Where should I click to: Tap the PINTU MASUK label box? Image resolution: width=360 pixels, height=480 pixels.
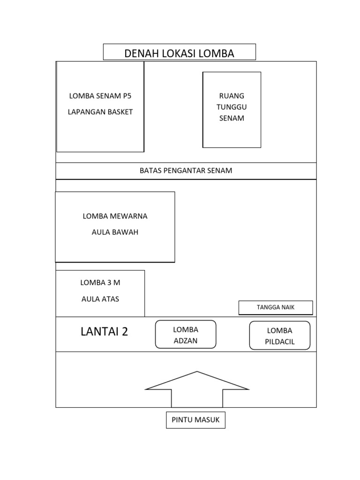pyautogui.click(x=195, y=420)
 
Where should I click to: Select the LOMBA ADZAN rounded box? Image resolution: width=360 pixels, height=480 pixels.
pyautogui.click(x=186, y=335)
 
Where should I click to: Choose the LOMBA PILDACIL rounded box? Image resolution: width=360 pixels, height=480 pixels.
pyautogui.click(x=279, y=336)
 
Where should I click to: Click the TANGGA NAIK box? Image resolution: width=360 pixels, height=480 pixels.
pyautogui.click(x=276, y=307)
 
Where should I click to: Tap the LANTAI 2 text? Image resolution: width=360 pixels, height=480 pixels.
pyautogui.click(x=104, y=332)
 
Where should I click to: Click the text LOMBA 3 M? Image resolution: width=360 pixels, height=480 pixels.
pyautogui.click(x=100, y=283)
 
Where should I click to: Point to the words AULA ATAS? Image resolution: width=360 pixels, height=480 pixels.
pyautogui.click(x=100, y=299)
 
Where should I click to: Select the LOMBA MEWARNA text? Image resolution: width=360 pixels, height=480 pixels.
pyautogui.click(x=115, y=216)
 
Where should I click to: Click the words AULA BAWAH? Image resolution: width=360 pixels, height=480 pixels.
pyautogui.click(x=115, y=232)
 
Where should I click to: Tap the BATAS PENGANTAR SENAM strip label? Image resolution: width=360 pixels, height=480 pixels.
pyautogui.click(x=186, y=171)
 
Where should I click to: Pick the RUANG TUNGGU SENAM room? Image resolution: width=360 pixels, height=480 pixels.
pyautogui.click(x=232, y=110)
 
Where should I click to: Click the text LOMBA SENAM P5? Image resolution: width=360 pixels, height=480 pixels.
pyautogui.click(x=100, y=96)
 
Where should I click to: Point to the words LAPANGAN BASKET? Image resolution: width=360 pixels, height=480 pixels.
pyautogui.click(x=100, y=112)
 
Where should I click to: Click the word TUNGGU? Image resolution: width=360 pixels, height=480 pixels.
pyautogui.click(x=232, y=107)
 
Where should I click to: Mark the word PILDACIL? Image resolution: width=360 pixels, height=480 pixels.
pyautogui.click(x=279, y=342)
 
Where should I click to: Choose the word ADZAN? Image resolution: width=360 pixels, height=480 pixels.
pyautogui.click(x=186, y=341)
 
